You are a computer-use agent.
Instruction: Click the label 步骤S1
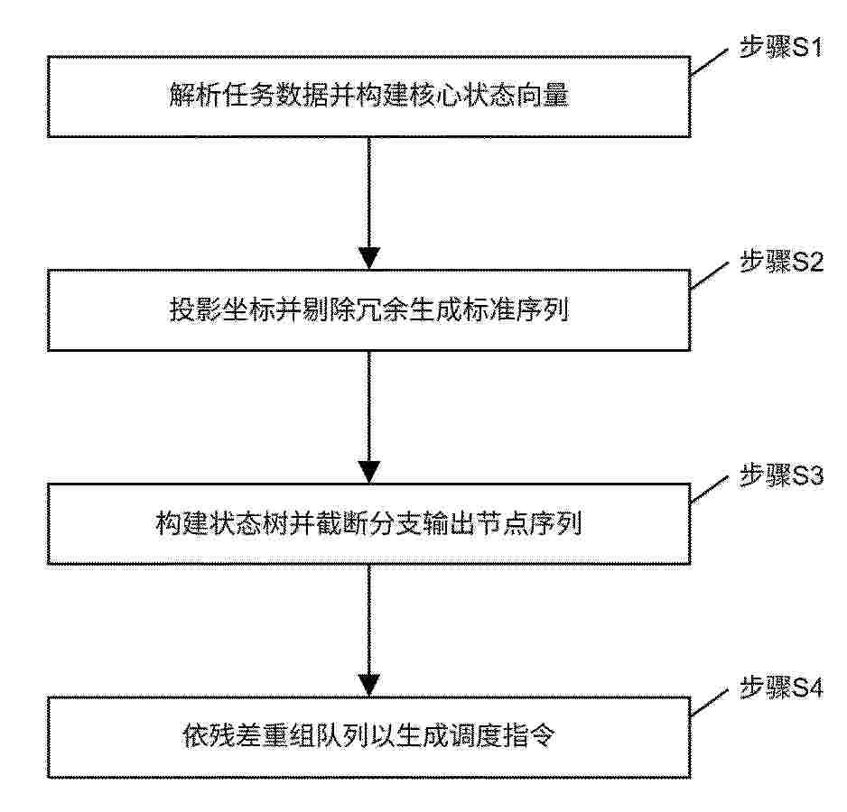[x=780, y=48]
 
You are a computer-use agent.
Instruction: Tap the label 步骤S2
[x=781, y=262]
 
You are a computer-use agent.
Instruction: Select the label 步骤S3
[x=781, y=475]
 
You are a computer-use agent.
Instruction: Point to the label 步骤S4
[x=781, y=687]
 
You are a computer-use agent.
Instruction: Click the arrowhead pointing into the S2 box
[x=369, y=258]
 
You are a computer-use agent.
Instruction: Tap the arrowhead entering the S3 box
[x=369, y=472]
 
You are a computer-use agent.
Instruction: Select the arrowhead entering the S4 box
[x=369, y=686]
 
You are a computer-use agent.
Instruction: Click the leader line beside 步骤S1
[x=710, y=62]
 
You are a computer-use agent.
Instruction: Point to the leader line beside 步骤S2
[x=710, y=276]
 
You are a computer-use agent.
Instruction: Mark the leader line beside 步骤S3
[x=710, y=490]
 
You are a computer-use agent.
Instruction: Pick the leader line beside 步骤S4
[x=710, y=704]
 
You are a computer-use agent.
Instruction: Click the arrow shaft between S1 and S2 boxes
[x=369, y=193]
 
